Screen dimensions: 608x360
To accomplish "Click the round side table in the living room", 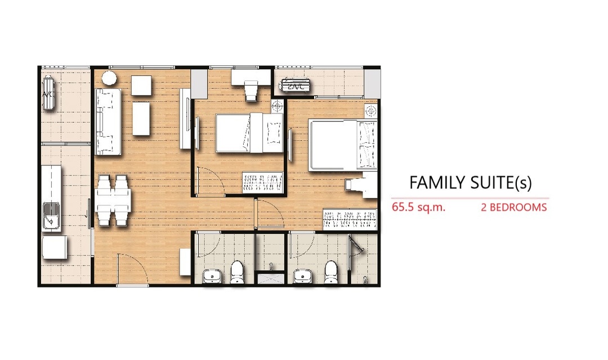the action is [109, 78].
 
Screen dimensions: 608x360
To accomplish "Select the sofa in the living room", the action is [108, 121].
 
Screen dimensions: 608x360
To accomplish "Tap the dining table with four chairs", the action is [113, 200].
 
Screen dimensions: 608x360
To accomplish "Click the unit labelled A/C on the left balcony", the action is [48, 93].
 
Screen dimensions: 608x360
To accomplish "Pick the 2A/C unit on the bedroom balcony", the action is [296, 86].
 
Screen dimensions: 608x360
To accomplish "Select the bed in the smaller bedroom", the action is [249, 133].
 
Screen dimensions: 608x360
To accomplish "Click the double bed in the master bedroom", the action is [343, 145].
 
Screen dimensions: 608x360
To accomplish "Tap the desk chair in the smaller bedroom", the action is [251, 91].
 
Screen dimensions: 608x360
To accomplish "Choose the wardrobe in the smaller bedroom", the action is [262, 182].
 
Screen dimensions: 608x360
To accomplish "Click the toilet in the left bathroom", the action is [237, 272].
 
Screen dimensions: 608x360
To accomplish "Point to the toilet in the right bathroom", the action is [331, 272].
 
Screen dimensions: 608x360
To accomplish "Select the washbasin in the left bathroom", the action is [212, 277].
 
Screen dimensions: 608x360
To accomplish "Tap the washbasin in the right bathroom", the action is [303, 277].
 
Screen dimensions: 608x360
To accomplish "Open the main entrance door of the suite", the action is [132, 269].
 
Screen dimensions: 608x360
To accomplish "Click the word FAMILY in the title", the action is [437, 183].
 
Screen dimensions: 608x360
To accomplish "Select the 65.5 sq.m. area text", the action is [418, 208].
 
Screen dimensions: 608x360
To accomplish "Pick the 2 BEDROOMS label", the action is [514, 208].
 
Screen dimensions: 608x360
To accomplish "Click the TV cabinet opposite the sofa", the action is [185, 119].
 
